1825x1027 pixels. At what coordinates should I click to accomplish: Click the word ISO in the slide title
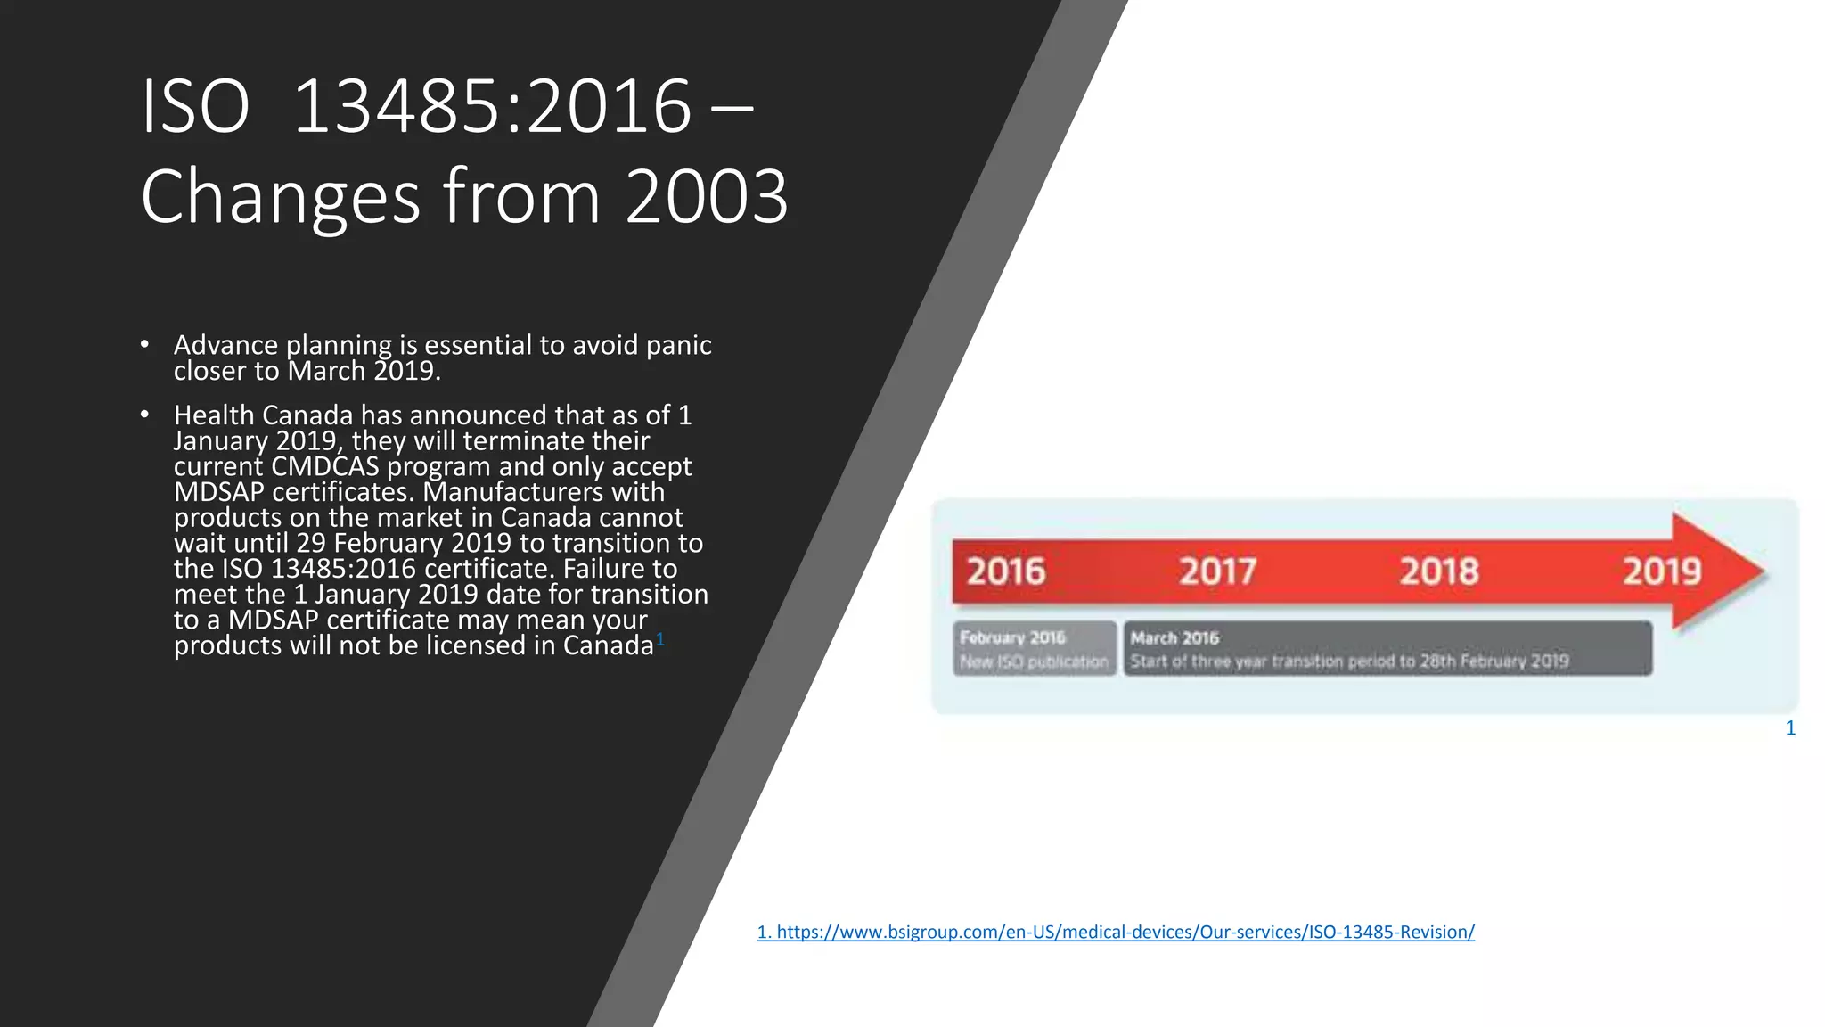(195, 108)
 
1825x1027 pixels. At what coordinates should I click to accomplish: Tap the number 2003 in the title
(707, 197)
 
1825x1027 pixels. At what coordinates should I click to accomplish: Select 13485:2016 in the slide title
(492, 108)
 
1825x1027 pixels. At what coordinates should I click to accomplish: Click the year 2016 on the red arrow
(1005, 571)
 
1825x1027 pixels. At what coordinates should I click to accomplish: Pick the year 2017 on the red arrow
(1217, 571)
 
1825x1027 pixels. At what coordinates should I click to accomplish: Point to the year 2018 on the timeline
(1438, 571)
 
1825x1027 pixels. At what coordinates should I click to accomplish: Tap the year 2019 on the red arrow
(1661, 571)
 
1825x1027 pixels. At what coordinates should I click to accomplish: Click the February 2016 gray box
(1034, 648)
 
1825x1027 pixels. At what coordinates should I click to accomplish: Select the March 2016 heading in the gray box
(1174, 638)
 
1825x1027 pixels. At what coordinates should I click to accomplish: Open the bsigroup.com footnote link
(1116, 932)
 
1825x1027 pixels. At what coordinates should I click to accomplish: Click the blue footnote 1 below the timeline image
(1790, 728)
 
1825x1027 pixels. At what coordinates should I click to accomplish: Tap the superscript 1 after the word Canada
(660, 638)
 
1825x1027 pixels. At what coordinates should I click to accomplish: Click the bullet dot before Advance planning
(144, 344)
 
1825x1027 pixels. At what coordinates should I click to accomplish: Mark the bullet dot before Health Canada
(144, 415)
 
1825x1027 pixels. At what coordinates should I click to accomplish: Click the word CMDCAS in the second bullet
(325, 466)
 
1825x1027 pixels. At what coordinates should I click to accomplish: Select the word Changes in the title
(280, 197)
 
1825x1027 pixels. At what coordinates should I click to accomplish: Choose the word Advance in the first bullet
(225, 345)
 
